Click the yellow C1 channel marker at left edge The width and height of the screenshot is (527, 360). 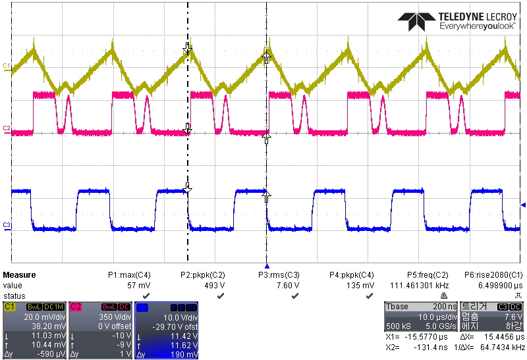click(6, 66)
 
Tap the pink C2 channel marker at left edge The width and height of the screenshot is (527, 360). click(6, 128)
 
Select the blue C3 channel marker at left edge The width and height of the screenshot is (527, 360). click(6, 225)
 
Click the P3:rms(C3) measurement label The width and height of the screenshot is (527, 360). click(279, 275)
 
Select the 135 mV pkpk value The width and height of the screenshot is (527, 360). click(361, 286)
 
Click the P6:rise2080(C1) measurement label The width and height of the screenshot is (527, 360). click(494, 275)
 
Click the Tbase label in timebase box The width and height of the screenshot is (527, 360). click(397, 307)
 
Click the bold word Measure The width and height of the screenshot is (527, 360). click(20, 275)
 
